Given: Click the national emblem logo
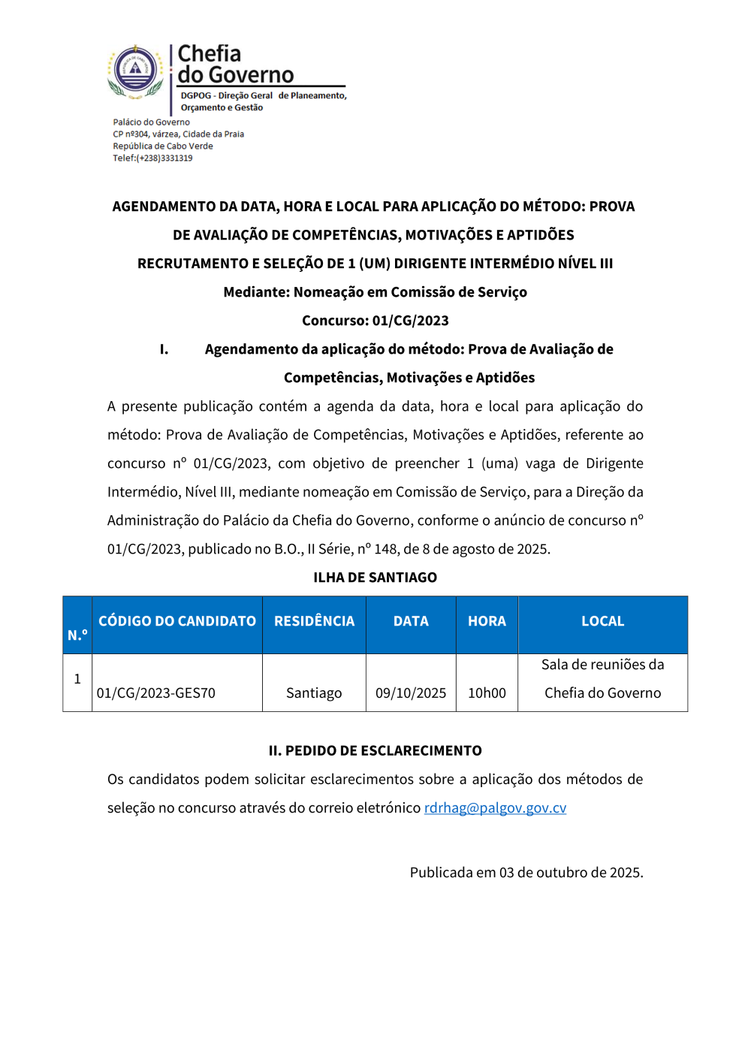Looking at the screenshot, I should click(135, 71).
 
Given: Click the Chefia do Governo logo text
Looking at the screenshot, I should click(235, 65).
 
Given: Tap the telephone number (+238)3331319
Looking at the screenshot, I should click(164, 158).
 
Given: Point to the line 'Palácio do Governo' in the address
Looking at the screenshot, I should click(151, 122).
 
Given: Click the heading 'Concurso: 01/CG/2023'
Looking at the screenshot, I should click(375, 321).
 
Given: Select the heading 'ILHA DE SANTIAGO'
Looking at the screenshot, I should click(375, 578).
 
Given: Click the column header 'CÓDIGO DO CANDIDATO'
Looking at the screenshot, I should click(177, 621).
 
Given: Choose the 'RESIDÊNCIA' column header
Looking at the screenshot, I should click(314, 621).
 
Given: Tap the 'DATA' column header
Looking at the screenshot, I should click(411, 621).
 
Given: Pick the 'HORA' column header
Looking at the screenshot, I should click(487, 621).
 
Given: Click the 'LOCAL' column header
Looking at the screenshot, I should click(602, 621).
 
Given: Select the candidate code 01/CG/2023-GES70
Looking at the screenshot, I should click(156, 693).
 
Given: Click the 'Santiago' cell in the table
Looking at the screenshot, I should click(314, 693).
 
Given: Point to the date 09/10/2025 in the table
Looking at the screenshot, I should click(411, 693).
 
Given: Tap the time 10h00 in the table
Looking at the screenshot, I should click(487, 693).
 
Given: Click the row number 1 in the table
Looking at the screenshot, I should click(77, 679).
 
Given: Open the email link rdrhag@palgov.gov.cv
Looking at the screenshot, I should click(495, 808).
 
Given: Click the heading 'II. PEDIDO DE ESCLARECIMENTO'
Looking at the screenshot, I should click(375, 751).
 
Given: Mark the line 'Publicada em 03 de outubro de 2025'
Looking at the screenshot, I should click(526, 873).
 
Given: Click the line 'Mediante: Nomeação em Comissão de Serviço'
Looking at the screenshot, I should click(375, 292).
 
